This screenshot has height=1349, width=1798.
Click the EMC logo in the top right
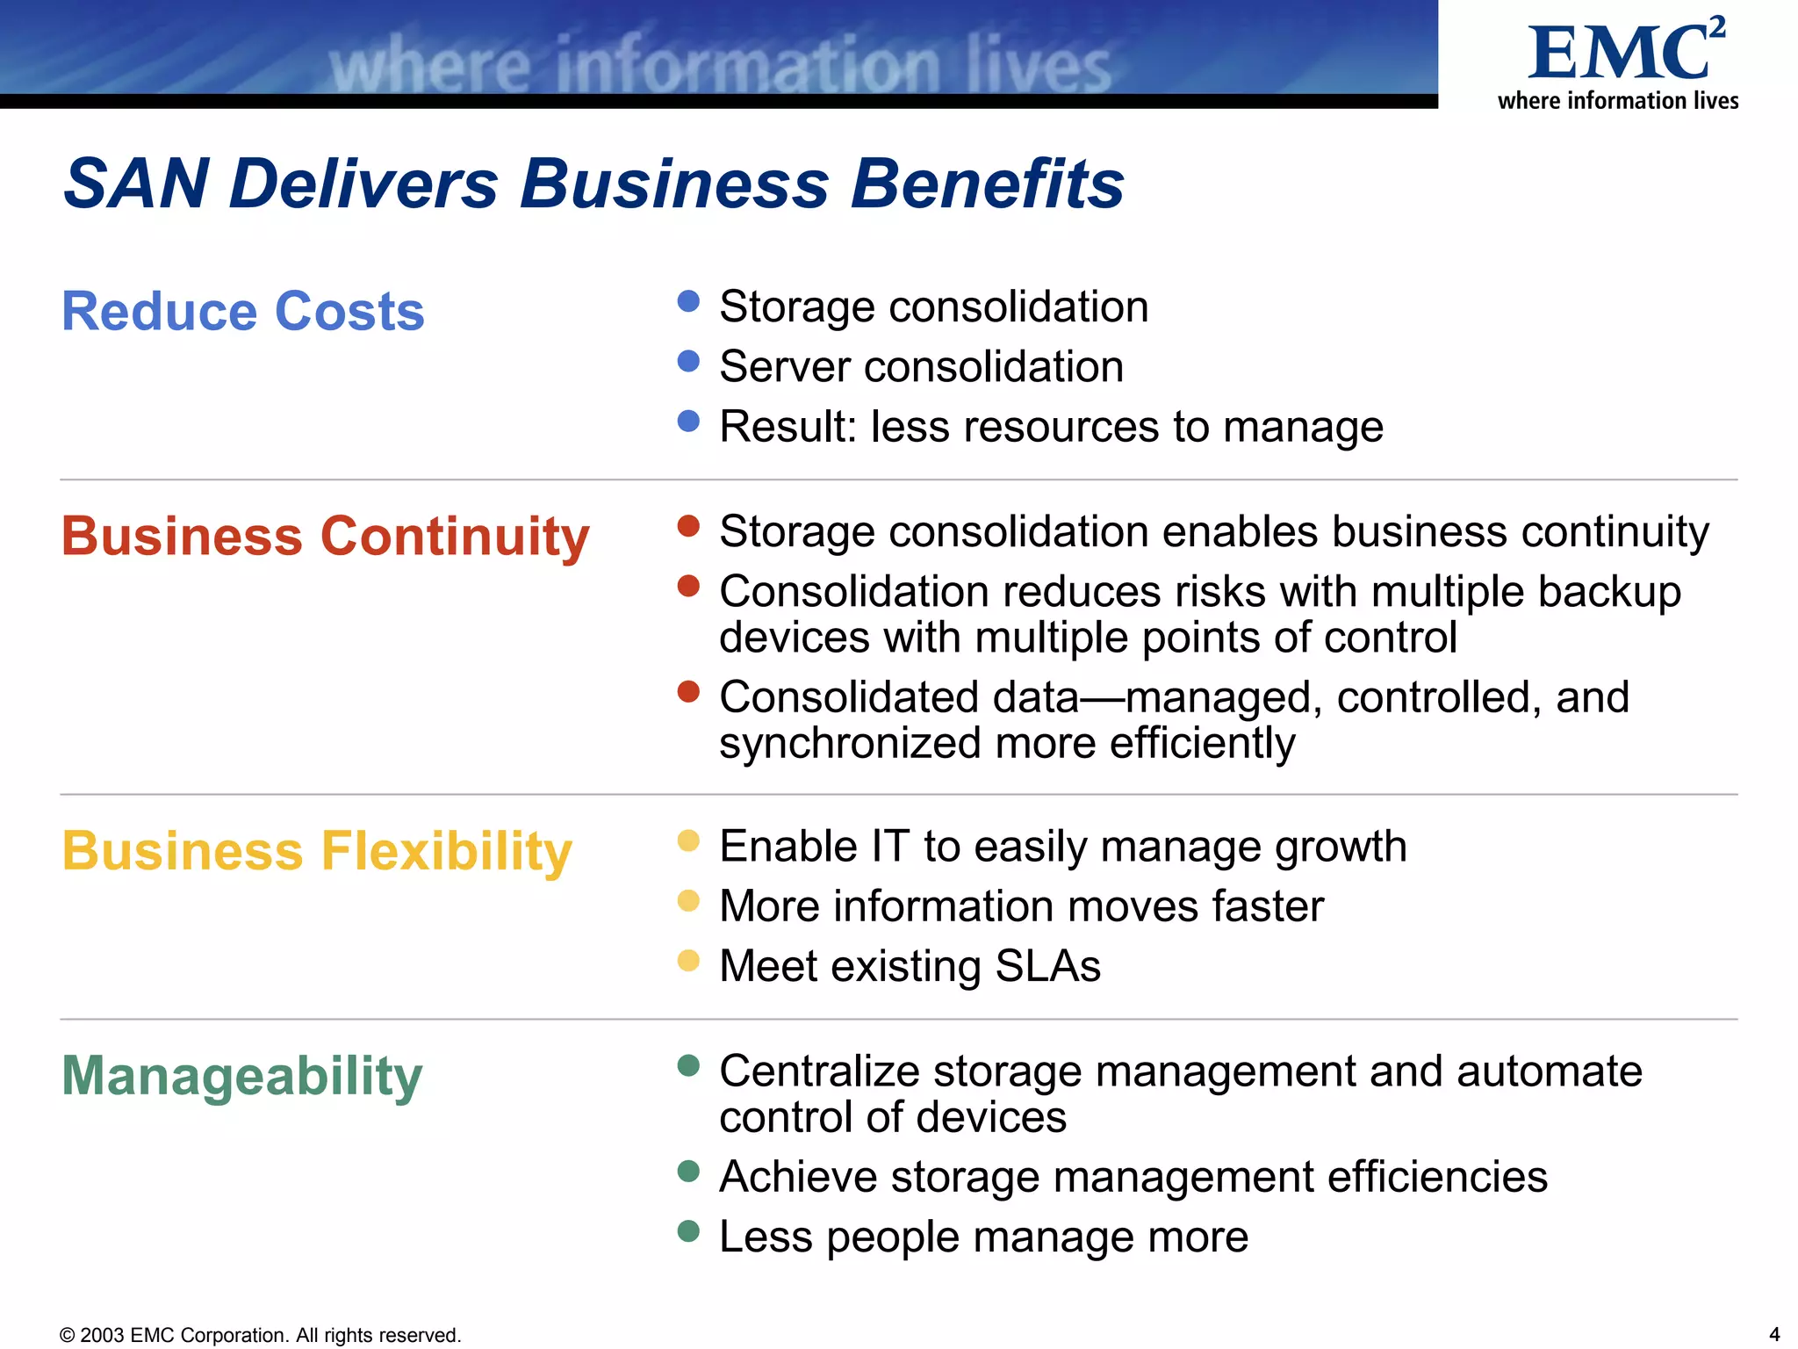1625,51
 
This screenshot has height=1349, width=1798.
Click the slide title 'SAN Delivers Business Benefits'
593,184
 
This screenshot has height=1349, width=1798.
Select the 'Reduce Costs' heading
243,311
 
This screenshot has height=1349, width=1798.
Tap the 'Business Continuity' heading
325,536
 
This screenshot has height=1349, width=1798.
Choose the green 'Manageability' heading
242,1076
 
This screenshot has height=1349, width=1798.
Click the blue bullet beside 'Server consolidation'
689,361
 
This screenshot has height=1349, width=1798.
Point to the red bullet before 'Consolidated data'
689,692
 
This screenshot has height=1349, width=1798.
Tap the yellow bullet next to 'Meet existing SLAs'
689,961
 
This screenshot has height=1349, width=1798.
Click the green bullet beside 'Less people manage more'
689,1231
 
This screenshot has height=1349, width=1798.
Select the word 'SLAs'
1047,966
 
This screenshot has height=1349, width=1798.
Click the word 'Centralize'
819,1071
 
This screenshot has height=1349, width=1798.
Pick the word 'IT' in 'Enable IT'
889,847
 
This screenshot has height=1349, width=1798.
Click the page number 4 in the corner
1774,1334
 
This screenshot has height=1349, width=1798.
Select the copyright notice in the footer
260,1335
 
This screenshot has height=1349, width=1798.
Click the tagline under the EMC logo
1618,101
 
